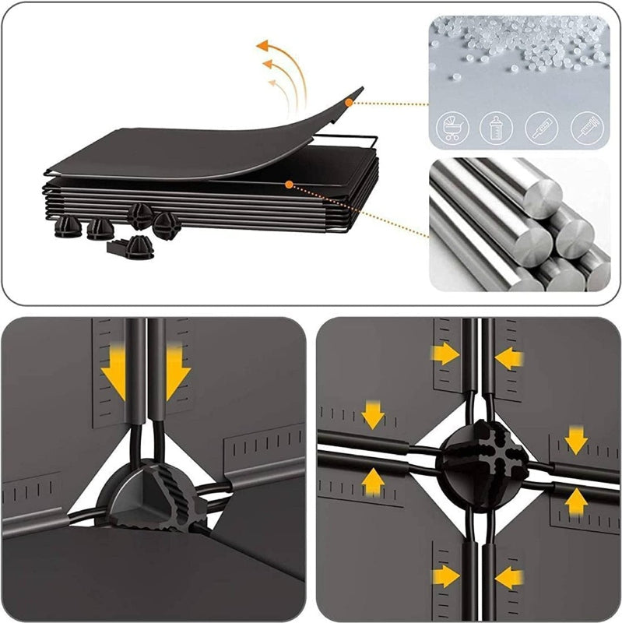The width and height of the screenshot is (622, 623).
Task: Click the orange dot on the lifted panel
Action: coord(350,102)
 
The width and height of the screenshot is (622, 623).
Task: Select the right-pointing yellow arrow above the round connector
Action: coord(445,354)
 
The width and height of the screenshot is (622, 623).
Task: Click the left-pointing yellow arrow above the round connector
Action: coord(509,358)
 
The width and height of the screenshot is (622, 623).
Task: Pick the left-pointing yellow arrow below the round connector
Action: coord(509,577)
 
